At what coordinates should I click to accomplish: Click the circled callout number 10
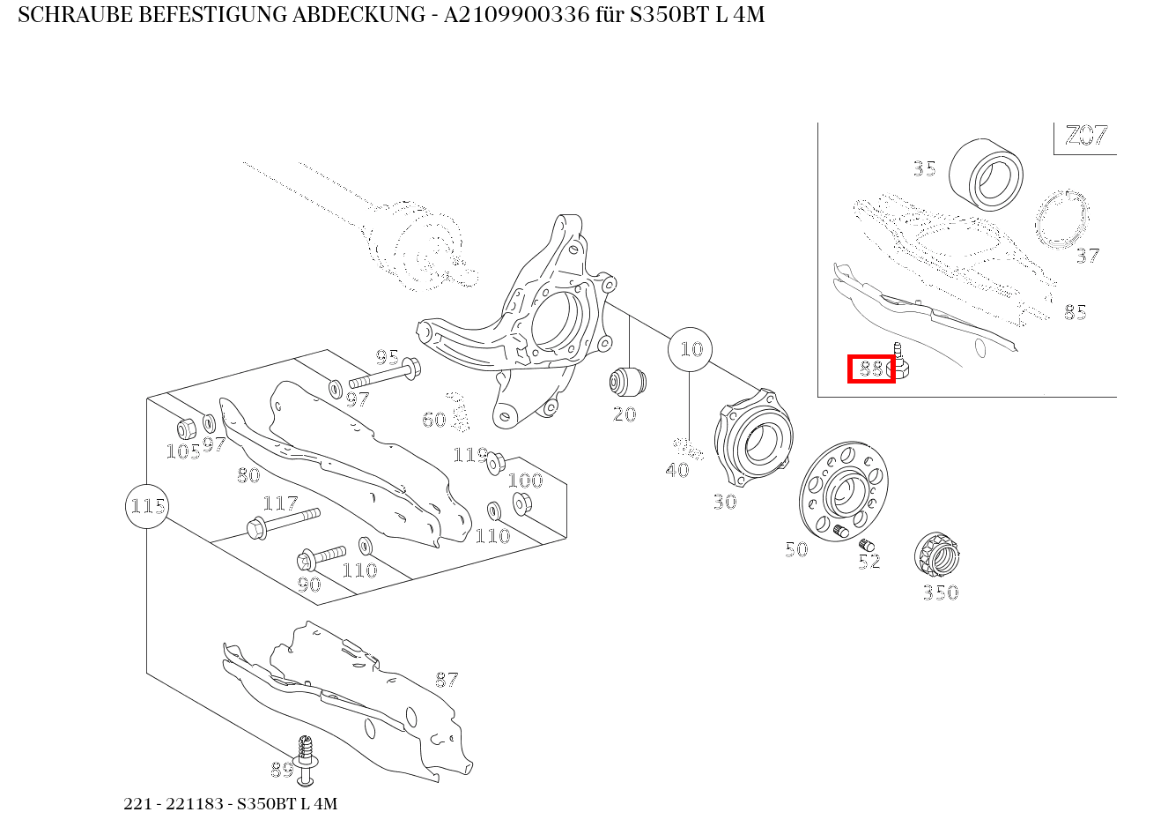pyautogui.click(x=691, y=349)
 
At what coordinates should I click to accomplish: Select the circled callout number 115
pyautogui.click(x=147, y=506)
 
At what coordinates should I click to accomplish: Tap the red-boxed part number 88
pyautogui.click(x=871, y=369)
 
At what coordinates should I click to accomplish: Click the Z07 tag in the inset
pyautogui.click(x=1085, y=137)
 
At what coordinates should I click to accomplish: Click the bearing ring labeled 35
pyautogui.click(x=986, y=175)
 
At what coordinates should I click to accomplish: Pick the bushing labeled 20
pyautogui.click(x=627, y=382)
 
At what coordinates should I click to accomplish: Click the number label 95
pyautogui.click(x=388, y=357)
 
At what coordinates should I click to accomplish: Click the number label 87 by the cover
pyautogui.click(x=447, y=680)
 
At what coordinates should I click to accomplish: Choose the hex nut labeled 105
pyautogui.click(x=186, y=429)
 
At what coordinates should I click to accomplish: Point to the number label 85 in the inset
pyautogui.click(x=1075, y=312)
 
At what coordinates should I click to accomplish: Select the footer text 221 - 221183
pyautogui.click(x=176, y=804)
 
